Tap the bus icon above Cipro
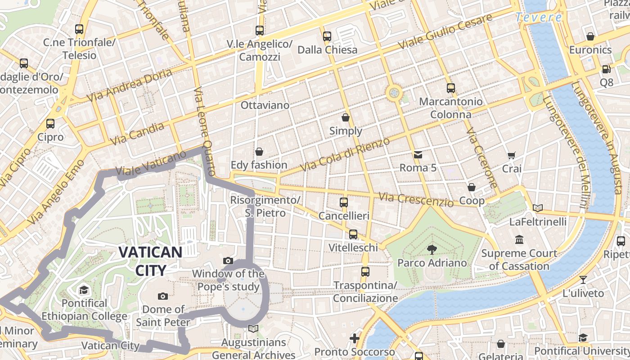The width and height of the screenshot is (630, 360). [50, 124]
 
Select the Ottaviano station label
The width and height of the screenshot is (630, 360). [265, 105]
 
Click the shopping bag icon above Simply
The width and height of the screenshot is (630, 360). [346, 118]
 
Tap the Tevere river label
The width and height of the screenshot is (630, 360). [538, 18]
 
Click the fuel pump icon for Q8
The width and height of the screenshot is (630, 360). [606, 70]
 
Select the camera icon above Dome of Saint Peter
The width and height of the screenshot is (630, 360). [163, 296]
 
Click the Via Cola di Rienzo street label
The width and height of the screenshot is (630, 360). [345, 154]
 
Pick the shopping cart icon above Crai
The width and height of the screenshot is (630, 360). [512, 156]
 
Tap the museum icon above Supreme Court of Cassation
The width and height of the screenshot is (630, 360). [519, 239]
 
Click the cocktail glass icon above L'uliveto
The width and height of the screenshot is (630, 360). [583, 279]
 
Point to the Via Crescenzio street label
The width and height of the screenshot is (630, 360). [416, 199]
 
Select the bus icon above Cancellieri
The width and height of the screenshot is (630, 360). [344, 202]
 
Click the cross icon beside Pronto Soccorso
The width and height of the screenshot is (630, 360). [355, 338]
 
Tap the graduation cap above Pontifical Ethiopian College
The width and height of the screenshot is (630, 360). [84, 290]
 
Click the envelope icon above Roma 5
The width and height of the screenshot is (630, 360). [418, 155]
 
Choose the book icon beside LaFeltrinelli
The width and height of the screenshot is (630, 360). [538, 208]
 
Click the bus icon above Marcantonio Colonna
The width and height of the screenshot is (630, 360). [450, 88]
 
